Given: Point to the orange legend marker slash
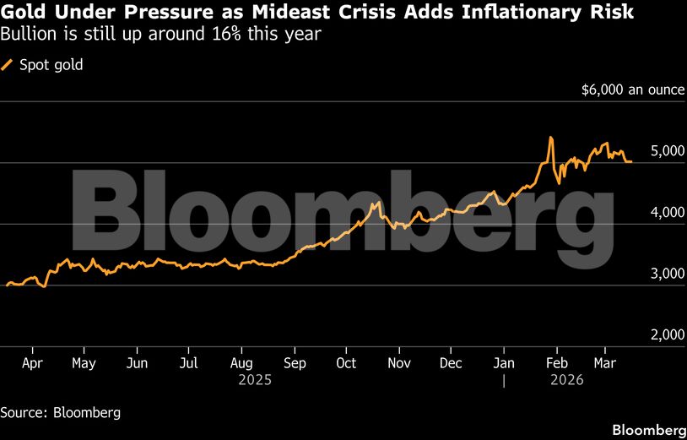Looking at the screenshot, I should (x=8, y=64).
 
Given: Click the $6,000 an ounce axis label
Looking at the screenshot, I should (x=632, y=89).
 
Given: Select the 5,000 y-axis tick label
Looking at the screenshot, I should (x=667, y=150).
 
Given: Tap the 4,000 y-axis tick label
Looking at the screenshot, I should (x=667, y=212).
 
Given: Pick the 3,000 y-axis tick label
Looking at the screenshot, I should (x=667, y=274).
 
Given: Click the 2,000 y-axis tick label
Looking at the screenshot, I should (x=667, y=334).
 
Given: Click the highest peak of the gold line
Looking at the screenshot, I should (x=550, y=137).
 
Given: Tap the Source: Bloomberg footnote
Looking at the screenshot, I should (x=60, y=413).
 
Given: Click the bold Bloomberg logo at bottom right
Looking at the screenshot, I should (x=647, y=429).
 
